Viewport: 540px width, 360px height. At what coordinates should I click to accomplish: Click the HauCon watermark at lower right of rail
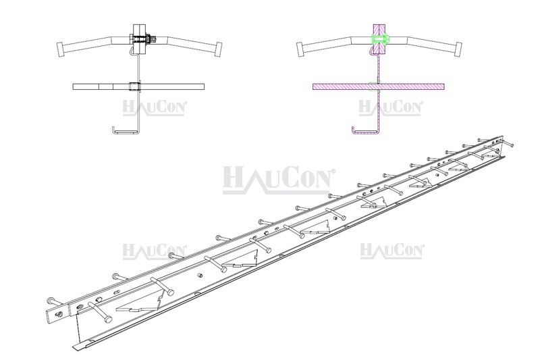(391, 251)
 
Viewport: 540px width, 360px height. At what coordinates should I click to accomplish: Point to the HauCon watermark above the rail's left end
(155, 251)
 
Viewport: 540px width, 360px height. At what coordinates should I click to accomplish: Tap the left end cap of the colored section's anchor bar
(302, 49)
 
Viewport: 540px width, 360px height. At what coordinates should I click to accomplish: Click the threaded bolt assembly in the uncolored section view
(141, 40)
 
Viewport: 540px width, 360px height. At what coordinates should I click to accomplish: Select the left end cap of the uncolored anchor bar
(60, 49)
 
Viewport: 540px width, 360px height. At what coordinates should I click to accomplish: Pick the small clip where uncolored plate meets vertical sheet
(136, 86)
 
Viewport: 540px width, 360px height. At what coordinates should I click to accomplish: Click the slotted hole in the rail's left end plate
(59, 313)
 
